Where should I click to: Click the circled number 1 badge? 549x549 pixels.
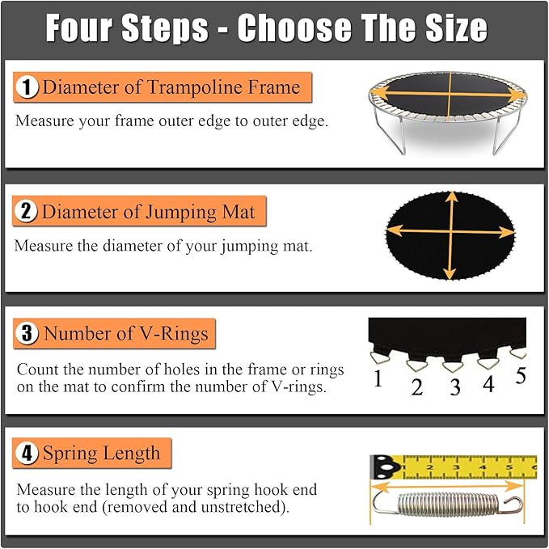coord(27,87)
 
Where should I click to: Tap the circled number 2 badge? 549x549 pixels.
coord(26,211)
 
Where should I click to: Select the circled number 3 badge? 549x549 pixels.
coord(27,332)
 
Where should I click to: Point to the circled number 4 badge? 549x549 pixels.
coord(26,453)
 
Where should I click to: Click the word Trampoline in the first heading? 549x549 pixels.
coord(195,87)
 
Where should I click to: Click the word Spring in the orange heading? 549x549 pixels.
coord(70,454)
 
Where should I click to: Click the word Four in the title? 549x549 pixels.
coord(79,28)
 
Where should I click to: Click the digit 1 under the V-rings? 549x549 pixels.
coord(378,378)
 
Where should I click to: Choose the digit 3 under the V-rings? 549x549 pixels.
coord(455,387)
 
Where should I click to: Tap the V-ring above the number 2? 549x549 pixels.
coord(417,365)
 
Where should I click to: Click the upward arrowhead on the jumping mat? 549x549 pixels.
coord(452,196)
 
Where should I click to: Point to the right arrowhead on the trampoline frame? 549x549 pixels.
coord(517,95)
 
